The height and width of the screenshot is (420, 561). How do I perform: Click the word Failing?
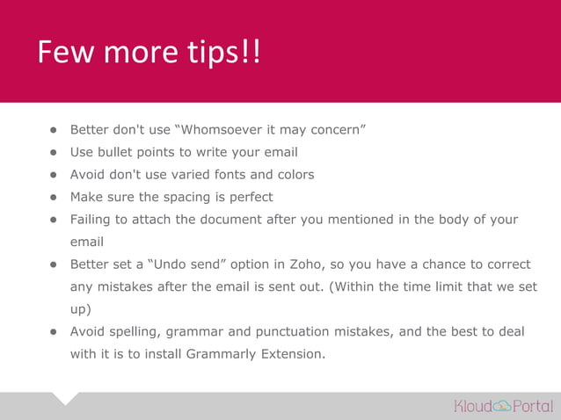click(x=93, y=219)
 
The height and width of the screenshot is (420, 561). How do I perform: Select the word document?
click(x=231, y=219)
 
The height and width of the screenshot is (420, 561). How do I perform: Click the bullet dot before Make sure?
click(x=53, y=197)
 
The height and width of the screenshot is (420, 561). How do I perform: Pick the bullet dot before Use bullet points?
click(x=53, y=152)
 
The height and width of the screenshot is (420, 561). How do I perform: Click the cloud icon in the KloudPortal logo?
click(x=502, y=406)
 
